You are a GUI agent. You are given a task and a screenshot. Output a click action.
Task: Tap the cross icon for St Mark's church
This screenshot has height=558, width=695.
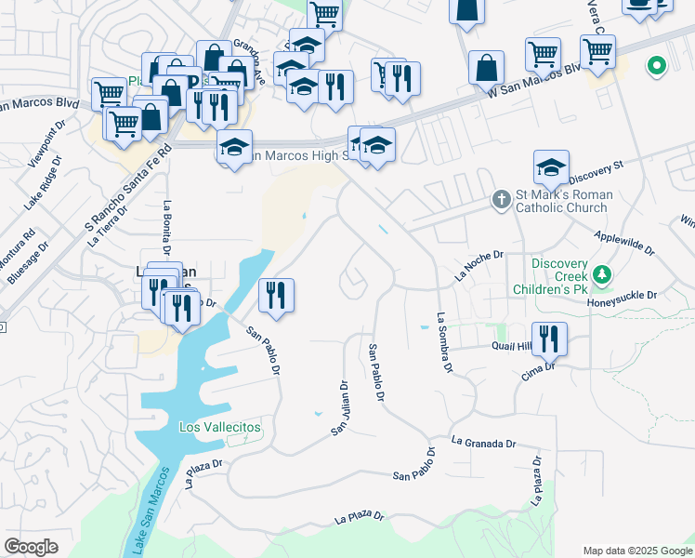click(501, 200)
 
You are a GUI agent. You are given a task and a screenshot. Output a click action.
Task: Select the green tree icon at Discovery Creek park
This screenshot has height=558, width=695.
click(602, 274)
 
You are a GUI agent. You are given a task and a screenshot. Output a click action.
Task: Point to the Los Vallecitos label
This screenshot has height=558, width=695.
click(220, 427)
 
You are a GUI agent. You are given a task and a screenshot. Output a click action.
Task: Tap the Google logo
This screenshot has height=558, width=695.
click(32, 547)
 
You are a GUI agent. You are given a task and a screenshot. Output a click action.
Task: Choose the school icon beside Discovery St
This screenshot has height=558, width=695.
click(551, 167)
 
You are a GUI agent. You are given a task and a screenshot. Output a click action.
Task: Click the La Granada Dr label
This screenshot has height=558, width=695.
click(483, 444)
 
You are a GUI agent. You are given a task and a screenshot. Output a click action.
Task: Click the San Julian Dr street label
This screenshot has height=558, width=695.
click(339, 407)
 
